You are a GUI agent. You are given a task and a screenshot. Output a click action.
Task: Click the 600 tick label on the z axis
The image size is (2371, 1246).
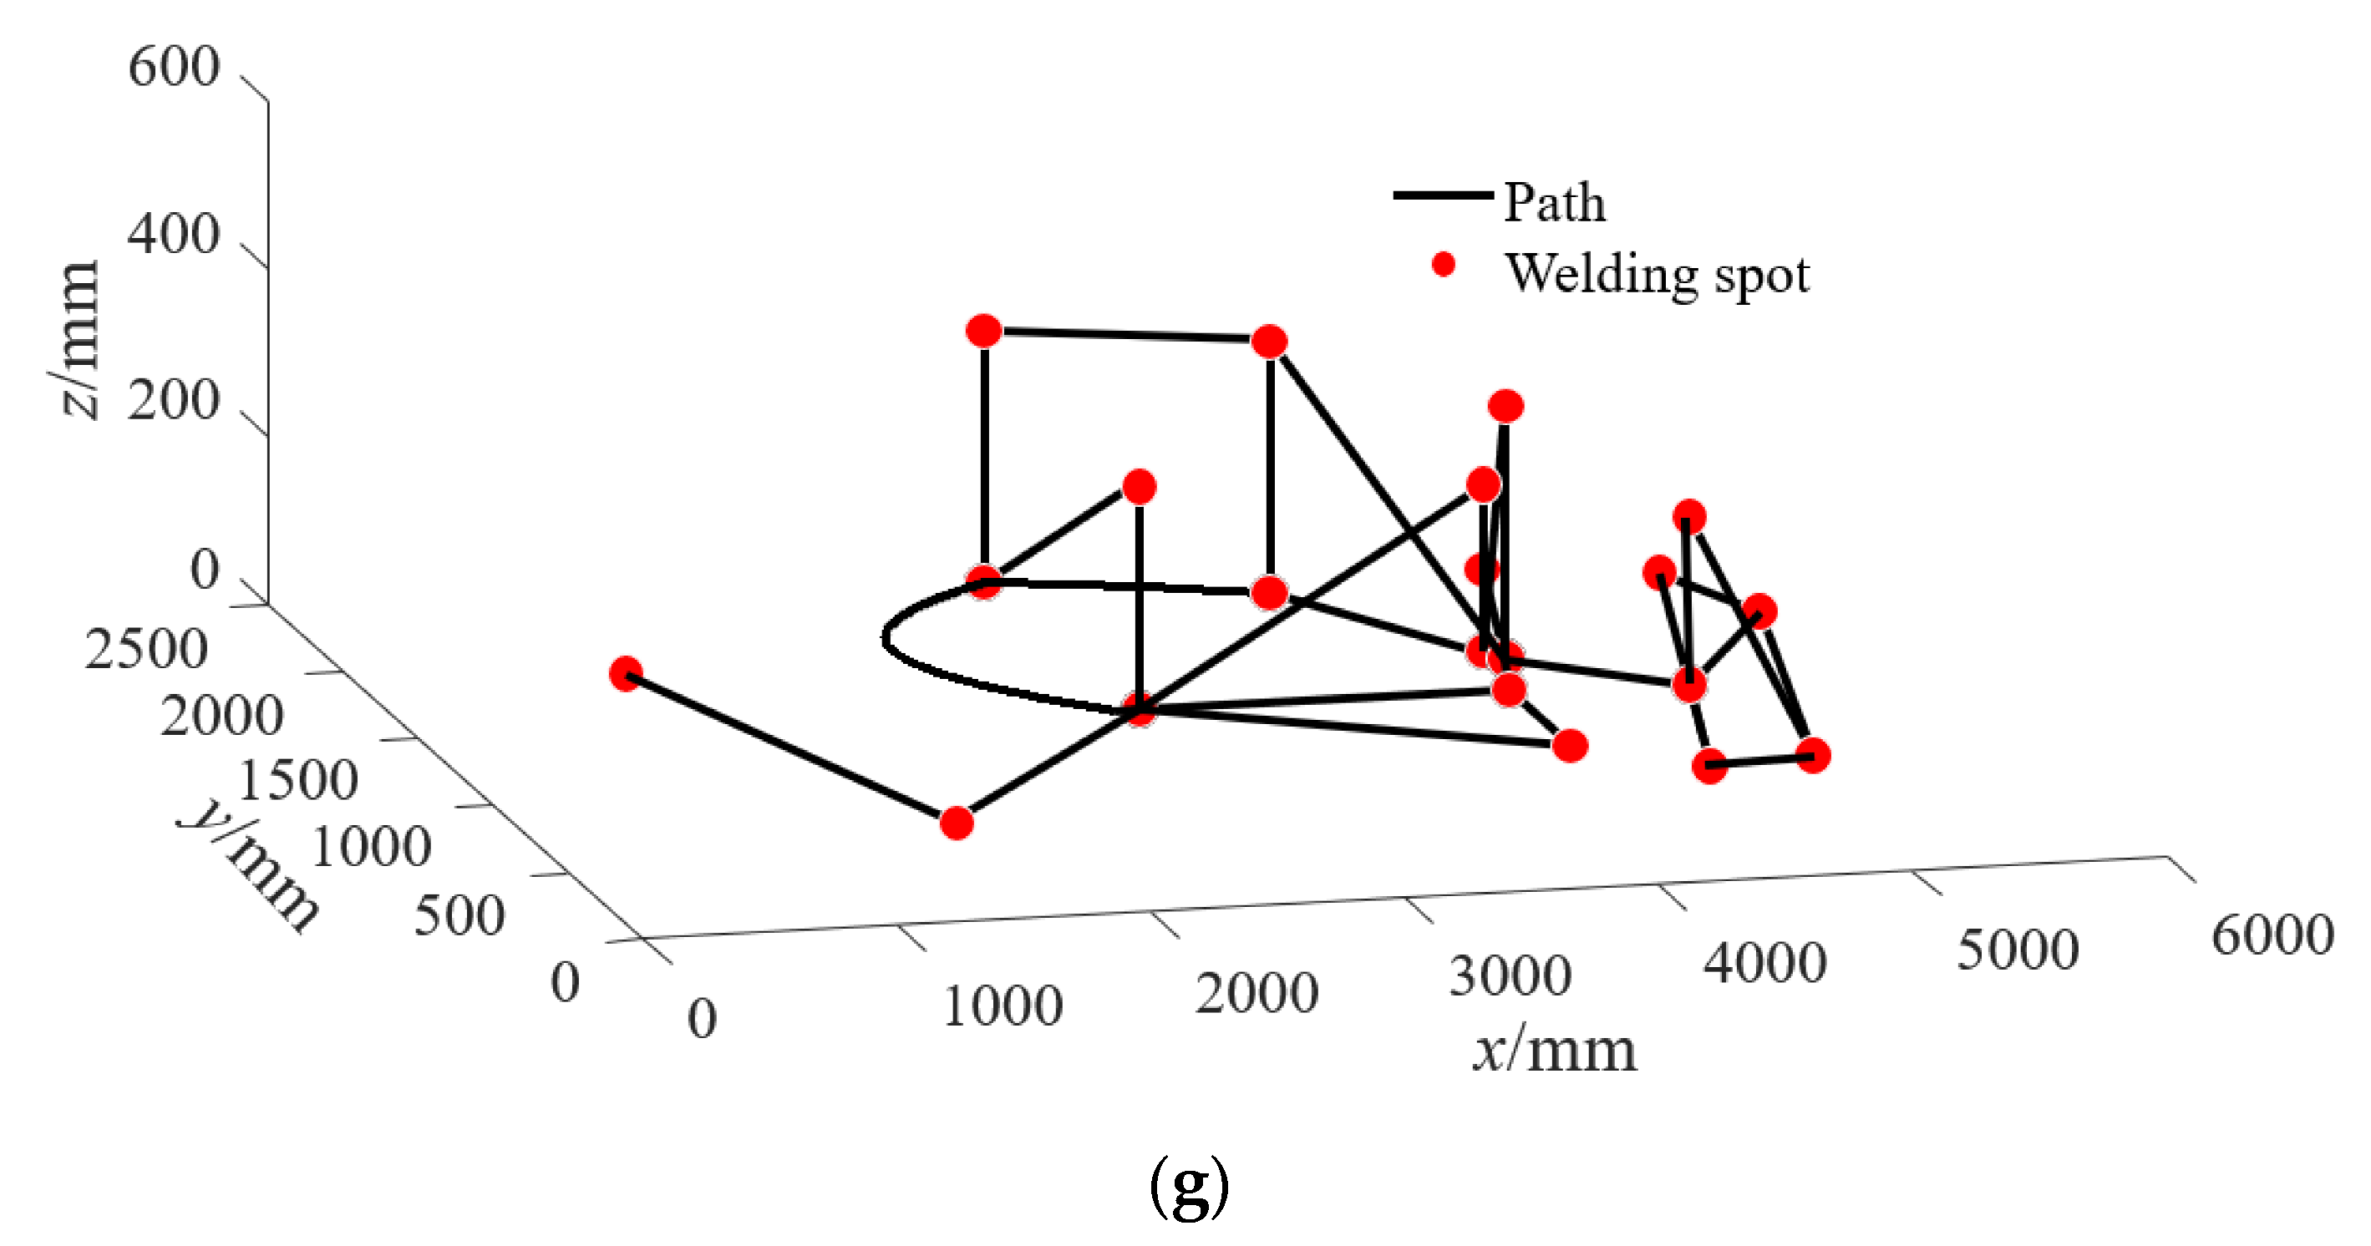tap(173, 67)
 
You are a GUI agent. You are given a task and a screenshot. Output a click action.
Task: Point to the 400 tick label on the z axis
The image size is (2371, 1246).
tap(173, 235)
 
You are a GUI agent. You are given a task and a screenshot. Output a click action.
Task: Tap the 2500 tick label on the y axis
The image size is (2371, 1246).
tap(146, 650)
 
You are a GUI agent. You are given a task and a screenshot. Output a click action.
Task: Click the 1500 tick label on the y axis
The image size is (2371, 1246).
tap(297, 780)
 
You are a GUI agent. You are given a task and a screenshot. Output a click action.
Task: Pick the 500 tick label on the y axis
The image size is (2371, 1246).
tap(459, 915)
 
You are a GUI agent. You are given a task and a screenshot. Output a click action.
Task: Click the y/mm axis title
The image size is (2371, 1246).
tap(248, 865)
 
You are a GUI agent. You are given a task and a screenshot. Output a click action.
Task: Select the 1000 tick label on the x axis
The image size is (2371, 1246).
tap(1003, 1005)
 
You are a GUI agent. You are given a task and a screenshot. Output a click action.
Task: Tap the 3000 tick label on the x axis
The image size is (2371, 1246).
tap(1510, 976)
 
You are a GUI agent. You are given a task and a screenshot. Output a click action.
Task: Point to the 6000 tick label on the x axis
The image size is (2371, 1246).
tap(2272, 936)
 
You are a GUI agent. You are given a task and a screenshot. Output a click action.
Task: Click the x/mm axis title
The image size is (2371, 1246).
tap(1555, 1050)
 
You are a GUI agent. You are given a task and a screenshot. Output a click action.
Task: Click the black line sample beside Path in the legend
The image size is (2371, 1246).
tap(1441, 195)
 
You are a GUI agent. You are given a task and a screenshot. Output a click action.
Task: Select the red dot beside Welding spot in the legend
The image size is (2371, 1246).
tap(1443, 265)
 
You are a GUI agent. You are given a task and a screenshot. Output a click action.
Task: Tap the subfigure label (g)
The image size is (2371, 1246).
tap(1189, 1187)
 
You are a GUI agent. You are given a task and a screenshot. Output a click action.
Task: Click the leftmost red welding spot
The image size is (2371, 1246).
tap(626, 674)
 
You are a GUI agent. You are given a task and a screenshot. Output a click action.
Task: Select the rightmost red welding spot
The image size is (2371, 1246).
tap(1812, 756)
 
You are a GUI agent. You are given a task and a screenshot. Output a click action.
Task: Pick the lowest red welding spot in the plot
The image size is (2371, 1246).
tap(957, 823)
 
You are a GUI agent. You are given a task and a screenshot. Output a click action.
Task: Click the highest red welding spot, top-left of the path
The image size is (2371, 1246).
tap(984, 331)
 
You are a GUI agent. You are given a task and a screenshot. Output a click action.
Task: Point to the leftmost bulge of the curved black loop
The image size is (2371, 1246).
tap(885, 637)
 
